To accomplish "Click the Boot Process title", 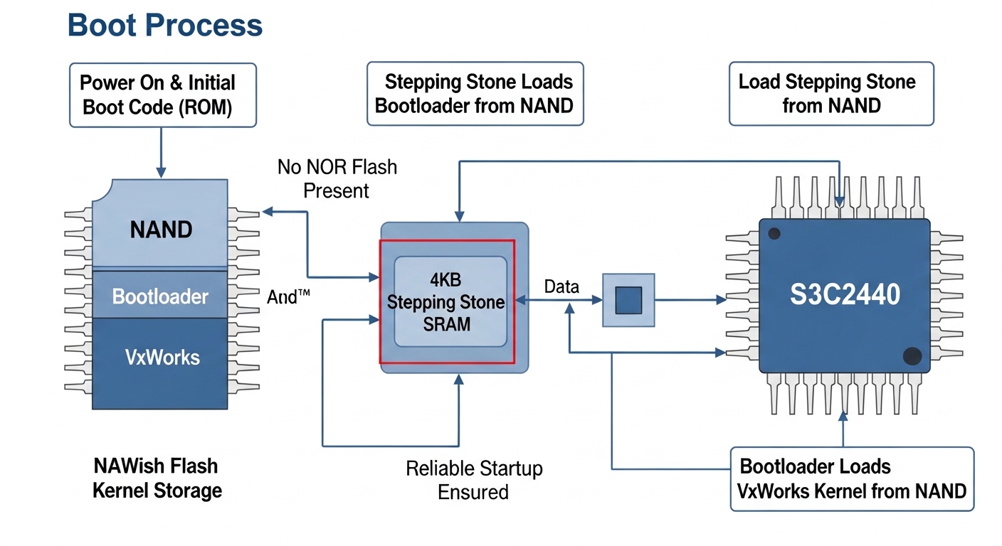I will [165, 26].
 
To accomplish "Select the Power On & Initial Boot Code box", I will [163, 95].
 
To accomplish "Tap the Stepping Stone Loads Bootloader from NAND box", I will [475, 94].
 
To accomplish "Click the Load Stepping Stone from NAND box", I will [830, 94].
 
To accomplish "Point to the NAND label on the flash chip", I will [161, 230].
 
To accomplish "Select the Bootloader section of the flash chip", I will [160, 296].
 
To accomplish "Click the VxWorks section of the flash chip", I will [162, 357].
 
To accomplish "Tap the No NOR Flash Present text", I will [337, 178].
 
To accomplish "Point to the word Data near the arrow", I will [561, 287].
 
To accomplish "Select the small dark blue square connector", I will [628, 300].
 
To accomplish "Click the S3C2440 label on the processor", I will [845, 294].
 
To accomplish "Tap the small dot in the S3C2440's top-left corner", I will [775, 233].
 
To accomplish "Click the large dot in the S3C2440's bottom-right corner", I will [911, 355].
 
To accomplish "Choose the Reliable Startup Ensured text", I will [474, 480].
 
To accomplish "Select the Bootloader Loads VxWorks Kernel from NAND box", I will [852, 478].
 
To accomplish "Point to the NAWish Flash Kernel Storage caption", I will [157, 478].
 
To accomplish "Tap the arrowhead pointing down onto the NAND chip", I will [161, 173].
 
